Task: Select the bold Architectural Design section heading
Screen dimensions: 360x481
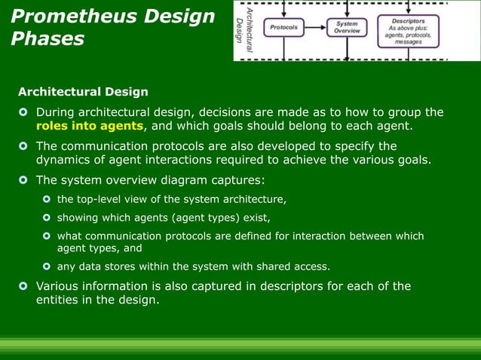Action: click(83, 92)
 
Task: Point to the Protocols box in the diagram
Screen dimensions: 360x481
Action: click(284, 28)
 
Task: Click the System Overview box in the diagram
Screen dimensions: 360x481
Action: click(348, 27)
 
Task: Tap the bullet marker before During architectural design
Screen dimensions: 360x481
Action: click(23, 113)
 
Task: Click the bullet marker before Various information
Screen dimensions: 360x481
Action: click(23, 286)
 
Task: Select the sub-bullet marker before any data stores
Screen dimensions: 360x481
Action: click(46, 267)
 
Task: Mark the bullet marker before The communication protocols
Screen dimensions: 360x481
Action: click(23, 146)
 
